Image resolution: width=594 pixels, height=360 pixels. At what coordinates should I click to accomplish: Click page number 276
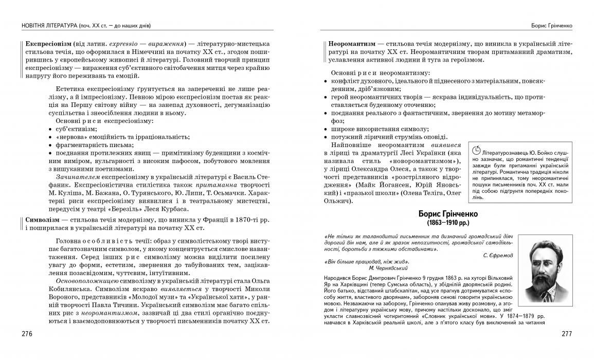pyautogui.click(x=27, y=334)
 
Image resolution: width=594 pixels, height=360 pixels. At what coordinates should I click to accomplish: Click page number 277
pyautogui.click(x=566, y=334)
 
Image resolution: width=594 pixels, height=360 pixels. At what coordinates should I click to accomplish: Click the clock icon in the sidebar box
pyautogui.click(x=476, y=150)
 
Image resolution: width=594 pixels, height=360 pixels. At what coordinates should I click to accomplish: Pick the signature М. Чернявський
pyautogui.click(x=388, y=268)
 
